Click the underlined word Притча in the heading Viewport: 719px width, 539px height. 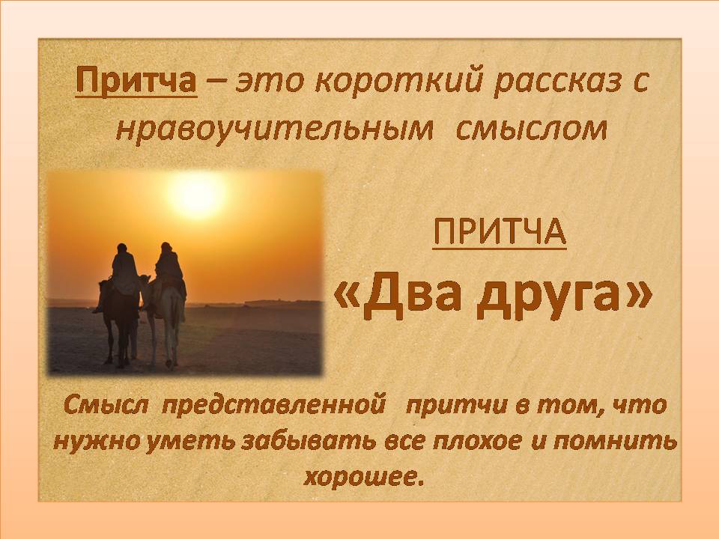pos(136,81)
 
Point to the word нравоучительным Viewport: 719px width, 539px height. pos(274,130)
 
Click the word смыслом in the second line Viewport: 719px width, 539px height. pos(531,130)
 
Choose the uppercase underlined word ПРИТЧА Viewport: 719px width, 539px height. pos(500,232)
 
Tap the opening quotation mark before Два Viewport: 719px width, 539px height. pos(348,298)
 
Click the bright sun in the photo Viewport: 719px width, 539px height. pos(197,195)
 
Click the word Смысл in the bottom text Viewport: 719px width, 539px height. pos(106,405)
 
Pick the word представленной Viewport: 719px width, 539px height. pos(274,405)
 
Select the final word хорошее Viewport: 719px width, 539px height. pos(362,478)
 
